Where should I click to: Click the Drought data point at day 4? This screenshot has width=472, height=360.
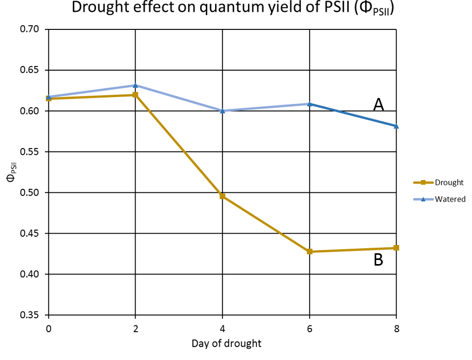point(222,196)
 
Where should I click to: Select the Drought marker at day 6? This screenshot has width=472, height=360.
point(310,251)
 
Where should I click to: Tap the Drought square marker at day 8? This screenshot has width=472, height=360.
point(396,248)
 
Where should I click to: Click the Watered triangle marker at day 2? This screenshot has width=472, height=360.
point(135,85)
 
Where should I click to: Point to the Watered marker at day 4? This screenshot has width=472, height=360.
point(222,110)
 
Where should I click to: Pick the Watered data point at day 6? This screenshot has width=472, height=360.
point(310,104)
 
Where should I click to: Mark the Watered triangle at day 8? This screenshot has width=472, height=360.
point(396,126)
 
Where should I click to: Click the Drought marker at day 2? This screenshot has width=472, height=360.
point(135,95)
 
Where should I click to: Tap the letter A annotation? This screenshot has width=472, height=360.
point(379,105)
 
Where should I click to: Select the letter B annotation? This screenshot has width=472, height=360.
point(378,260)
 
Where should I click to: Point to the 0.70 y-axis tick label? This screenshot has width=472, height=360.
point(29,29)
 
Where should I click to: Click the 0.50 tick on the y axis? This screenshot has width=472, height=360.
point(29,193)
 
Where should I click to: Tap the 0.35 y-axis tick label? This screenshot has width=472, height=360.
point(29,315)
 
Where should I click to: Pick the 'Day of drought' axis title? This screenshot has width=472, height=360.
point(222,343)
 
